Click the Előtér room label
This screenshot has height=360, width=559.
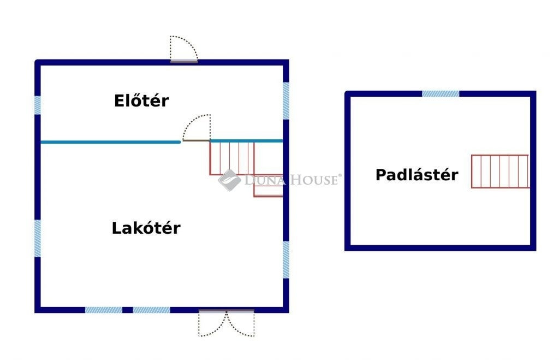141,101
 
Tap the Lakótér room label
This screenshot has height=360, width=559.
146,228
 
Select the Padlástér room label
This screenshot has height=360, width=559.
417,175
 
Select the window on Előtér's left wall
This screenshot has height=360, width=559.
38,105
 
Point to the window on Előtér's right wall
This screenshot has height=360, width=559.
286,101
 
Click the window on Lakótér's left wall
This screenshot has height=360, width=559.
38,238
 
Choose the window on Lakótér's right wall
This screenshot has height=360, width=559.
286,259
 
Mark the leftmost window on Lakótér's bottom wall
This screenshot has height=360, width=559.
104,310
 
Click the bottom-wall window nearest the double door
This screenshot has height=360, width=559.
152,310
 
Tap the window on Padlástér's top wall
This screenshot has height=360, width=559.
441,94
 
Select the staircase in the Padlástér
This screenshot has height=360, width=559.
500,171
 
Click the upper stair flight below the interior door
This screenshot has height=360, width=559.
232,158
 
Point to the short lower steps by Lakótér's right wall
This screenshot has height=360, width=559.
269,186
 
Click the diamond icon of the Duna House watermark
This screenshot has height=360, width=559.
230,180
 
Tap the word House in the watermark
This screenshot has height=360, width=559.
314,180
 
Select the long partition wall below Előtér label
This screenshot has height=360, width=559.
110,142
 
